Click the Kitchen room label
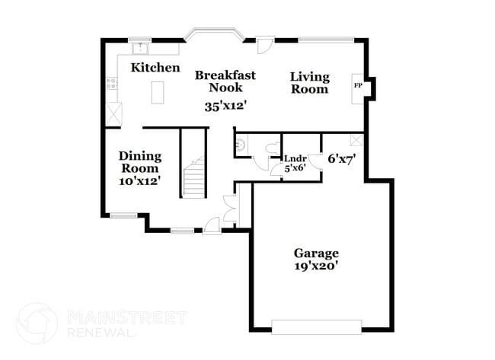[155, 68]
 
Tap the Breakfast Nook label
[225, 81]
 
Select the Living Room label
[310, 83]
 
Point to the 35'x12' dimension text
[226, 106]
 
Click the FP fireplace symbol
[358, 85]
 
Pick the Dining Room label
[139, 162]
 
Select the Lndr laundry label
[295, 159]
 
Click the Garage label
[316, 253]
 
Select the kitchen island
[158, 93]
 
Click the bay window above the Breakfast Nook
[214, 34]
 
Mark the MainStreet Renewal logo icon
[37, 323]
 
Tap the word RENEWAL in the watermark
[99, 333]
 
